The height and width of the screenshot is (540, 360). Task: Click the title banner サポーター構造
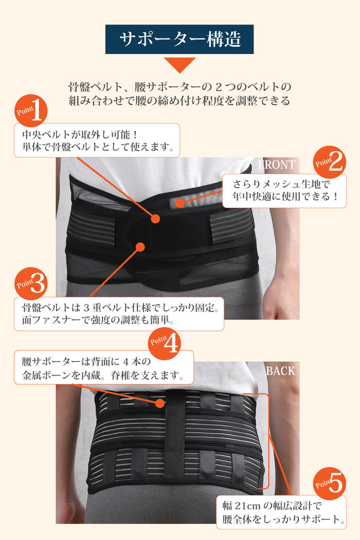179,40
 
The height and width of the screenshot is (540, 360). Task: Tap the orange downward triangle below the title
179,64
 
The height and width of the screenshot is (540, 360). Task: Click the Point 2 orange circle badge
330,163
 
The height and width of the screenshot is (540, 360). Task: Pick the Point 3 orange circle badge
32,282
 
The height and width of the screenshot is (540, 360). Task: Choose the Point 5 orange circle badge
330,483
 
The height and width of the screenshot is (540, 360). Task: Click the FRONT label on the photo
276,165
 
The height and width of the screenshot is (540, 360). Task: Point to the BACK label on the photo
280,371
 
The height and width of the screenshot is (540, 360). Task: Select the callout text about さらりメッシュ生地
284,190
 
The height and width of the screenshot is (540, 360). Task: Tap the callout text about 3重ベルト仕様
118,314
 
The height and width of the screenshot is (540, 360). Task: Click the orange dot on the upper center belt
155,219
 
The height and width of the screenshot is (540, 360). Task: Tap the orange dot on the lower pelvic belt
139,247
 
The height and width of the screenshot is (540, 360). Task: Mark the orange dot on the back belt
161,403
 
